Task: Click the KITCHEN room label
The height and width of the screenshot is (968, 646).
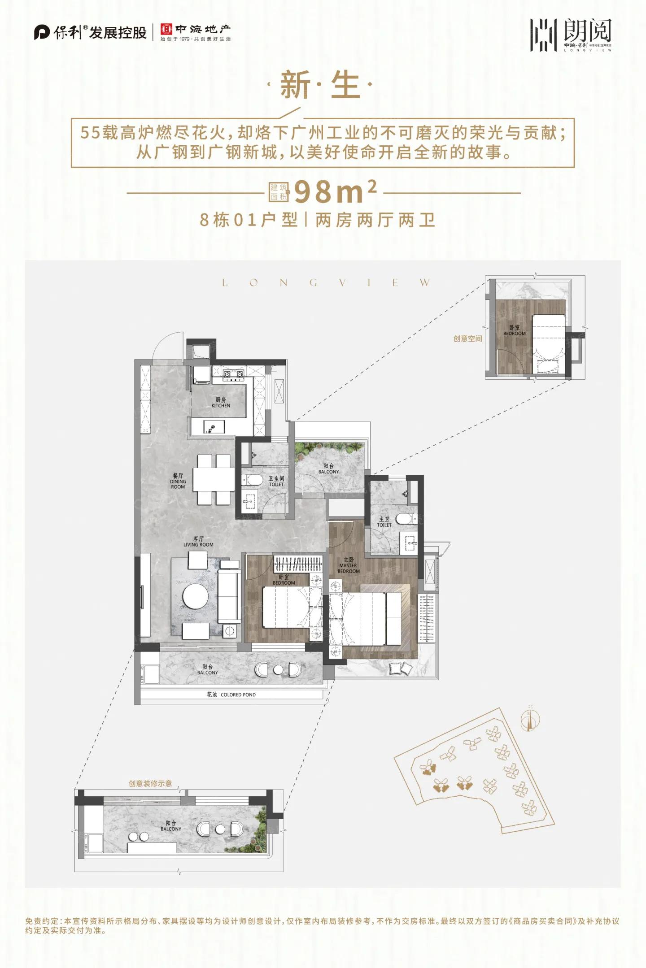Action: click(x=221, y=402)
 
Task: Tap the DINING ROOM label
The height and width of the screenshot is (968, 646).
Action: click(x=178, y=481)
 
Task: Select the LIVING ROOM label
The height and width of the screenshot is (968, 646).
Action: click(x=198, y=542)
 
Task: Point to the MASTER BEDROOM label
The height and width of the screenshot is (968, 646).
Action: click(x=349, y=565)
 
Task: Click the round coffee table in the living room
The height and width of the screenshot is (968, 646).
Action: click(x=195, y=595)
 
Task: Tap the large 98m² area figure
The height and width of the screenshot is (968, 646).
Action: click(x=334, y=192)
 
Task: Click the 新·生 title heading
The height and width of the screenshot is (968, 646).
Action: click(x=319, y=85)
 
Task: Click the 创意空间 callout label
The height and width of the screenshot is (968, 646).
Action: click(x=467, y=339)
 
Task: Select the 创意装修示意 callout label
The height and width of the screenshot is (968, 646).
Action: click(x=150, y=783)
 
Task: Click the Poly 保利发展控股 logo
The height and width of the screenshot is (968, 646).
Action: click(x=90, y=33)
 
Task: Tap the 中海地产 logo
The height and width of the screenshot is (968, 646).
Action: click(x=196, y=32)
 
